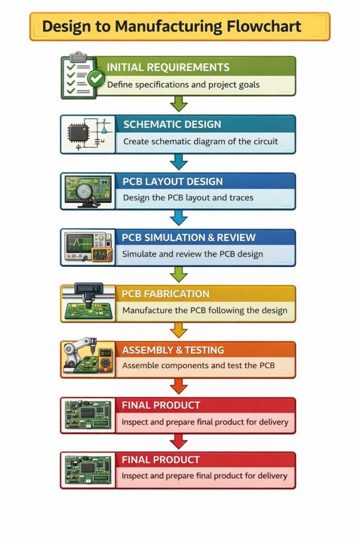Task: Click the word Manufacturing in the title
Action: click(174, 26)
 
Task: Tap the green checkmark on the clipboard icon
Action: click(95, 79)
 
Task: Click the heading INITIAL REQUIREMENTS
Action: click(168, 67)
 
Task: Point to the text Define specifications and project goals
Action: click(183, 84)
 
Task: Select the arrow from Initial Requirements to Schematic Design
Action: click(179, 103)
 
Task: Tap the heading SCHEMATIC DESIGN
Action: click(172, 125)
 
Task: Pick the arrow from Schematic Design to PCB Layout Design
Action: click(179, 160)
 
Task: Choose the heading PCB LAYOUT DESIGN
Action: click(173, 182)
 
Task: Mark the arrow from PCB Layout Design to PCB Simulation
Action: click(179, 217)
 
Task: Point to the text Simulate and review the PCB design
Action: click(192, 254)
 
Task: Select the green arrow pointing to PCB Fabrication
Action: click(179, 274)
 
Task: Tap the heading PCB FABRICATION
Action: click(166, 294)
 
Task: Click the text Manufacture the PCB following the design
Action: click(205, 310)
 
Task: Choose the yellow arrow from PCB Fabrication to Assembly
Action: click(179, 330)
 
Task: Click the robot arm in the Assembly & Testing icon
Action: click(74, 349)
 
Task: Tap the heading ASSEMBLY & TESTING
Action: click(173, 350)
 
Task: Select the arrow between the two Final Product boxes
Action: click(179, 441)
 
